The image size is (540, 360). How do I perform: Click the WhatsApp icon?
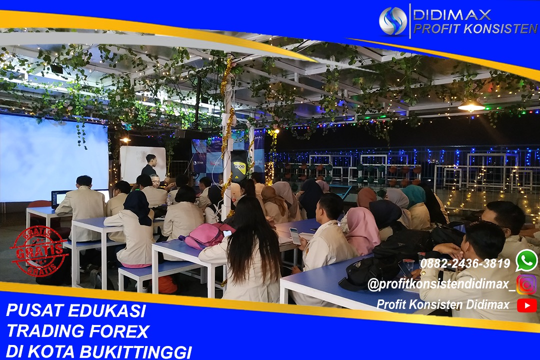pos(526,261)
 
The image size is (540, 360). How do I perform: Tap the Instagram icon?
pos(526,284)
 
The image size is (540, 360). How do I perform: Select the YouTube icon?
pos(527,305)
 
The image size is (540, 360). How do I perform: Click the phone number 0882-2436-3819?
pos(465,263)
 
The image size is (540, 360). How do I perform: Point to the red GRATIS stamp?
pos(39,251)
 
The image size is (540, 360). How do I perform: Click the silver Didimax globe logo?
pos(393,20)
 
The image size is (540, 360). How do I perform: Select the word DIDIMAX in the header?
pos(452,15)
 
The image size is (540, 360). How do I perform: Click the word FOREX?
pos(119,331)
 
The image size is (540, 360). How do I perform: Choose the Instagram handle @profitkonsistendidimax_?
pos(441,284)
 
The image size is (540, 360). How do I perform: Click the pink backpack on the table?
pos(206,235)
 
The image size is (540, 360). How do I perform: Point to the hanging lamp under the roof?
pos(471,106)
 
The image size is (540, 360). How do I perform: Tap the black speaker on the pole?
pos(239,166)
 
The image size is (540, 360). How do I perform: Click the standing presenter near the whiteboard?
pos(150,165)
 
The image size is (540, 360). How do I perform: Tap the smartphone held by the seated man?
pos(295,235)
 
